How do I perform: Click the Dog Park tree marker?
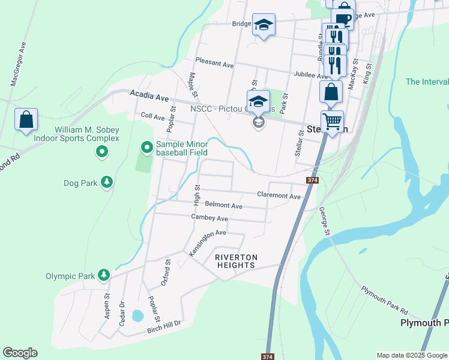(x=107, y=181)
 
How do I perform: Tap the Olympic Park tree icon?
(x=104, y=275)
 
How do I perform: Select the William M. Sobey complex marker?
(x=102, y=152)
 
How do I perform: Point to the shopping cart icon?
(x=332, y=121)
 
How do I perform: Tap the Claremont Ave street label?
(x=279, y=196)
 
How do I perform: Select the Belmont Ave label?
(x=223, y=206)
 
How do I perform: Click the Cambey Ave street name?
(x=209, y=217)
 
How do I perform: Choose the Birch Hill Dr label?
(x=164, y=327)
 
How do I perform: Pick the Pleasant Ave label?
(x=215, y=63)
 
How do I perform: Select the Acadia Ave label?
(x=149, y=95)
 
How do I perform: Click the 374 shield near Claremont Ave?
(x=312, y=180)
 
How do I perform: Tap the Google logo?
(x=20, y=353)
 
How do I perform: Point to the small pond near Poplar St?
(x=137, y=315)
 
